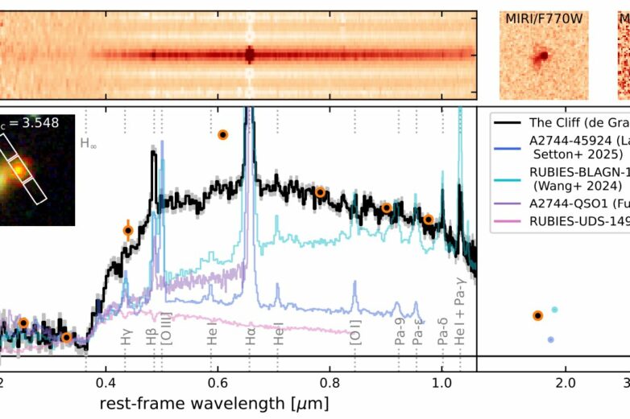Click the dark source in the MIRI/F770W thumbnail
(543, 56)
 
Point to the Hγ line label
(126, 339)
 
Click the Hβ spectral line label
(152, 339)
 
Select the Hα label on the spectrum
(251, 339)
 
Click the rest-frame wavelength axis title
(213, 401)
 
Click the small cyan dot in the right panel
(554, 310)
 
